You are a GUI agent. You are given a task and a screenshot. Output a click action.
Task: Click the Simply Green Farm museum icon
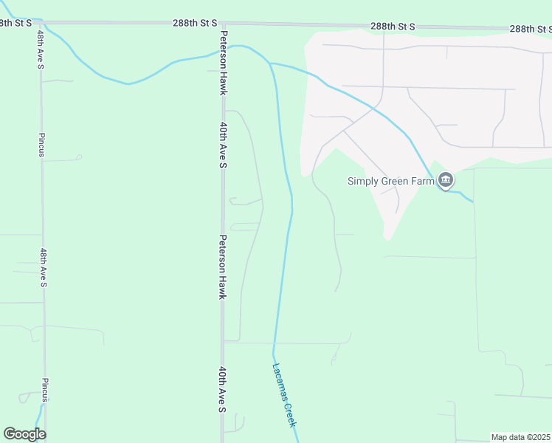click(446, 180)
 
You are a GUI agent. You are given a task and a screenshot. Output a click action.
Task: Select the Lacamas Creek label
click(284, 395)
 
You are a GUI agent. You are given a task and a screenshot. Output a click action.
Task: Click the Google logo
click(24, 434)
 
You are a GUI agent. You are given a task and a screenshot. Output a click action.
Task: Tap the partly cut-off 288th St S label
click(15, 23)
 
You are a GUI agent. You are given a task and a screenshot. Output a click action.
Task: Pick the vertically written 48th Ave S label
click(44, 268)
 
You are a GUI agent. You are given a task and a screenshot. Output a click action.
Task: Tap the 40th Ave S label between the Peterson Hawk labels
click(222, 145)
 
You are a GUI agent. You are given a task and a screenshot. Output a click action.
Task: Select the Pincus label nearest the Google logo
click(45, 390)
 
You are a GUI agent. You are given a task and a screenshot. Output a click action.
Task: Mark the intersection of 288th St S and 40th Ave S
click(222, 24)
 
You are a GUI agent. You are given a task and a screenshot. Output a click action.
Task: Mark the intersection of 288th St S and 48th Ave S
click(40, 23)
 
